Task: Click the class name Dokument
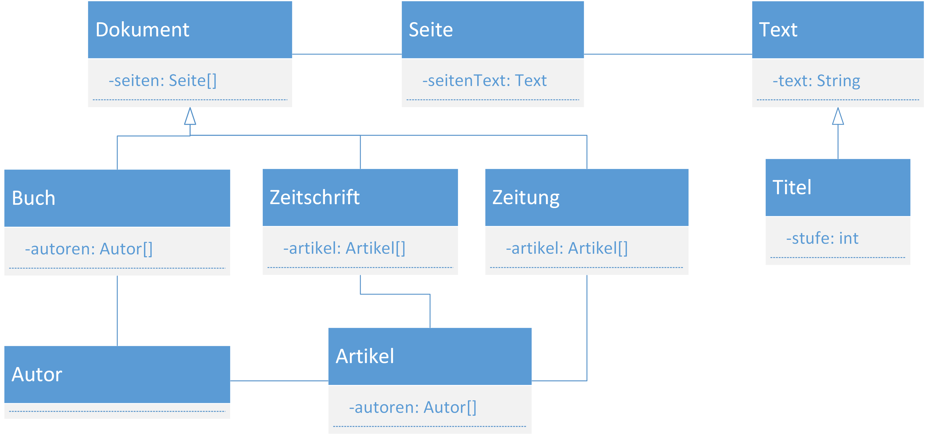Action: (142, 29)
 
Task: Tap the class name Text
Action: (778, 29)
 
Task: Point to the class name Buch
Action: (33, 198)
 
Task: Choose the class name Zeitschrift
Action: (315, 197)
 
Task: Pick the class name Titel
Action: (792, 187)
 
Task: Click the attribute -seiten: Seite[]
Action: (163, 80)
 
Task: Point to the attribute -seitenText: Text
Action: (484, 80)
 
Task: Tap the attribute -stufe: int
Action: (822, 238)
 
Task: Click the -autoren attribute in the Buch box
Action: (89, 249)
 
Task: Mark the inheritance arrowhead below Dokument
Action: (190, 116)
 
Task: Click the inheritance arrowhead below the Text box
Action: (838, 116)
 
